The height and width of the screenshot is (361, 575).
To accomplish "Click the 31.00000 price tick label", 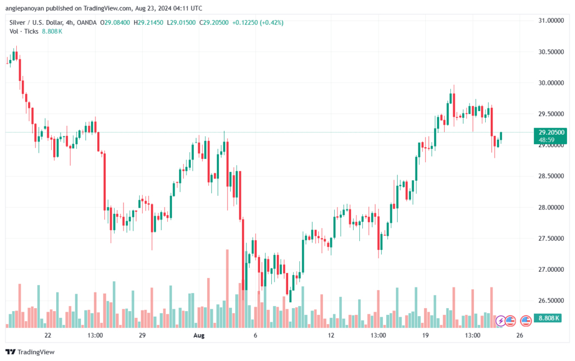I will click(x=550, y=21).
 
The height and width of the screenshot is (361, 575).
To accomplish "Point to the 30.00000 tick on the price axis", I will click(x=550, y=83).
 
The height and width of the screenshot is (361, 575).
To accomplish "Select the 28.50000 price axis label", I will click(x=550, y=176).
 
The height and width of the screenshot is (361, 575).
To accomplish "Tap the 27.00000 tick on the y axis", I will click(x=550, y=270).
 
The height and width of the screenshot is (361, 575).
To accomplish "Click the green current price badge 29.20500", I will click(x=550, y=132).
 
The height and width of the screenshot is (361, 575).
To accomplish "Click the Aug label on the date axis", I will click(x=198, y=336).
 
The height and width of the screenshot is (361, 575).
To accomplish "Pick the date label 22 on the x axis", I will click(x=48, y=336).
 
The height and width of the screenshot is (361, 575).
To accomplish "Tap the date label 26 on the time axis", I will click(x=519, y=336).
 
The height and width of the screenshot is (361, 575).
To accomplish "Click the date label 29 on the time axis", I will click(x=142, y=336).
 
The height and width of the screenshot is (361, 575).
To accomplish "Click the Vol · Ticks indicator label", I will click(x=24, y=31).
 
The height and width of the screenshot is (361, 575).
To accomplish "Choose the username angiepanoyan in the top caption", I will click(x=30, y=8).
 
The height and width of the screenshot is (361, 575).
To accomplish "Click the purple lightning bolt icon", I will click(x=500, y=321).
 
